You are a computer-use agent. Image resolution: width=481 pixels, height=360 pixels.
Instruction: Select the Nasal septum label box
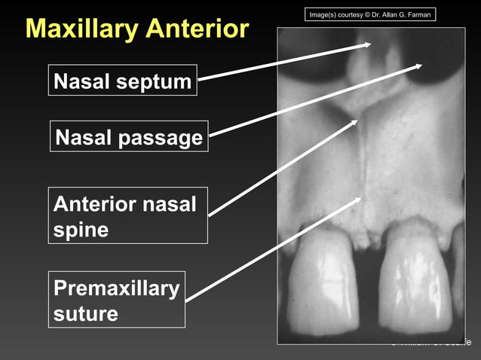[123, 81]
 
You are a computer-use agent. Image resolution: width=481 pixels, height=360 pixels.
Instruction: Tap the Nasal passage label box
[129, 136]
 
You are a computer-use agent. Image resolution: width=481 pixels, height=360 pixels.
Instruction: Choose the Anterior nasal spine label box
[128, 215]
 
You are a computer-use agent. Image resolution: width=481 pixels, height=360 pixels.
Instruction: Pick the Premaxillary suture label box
[117, 299]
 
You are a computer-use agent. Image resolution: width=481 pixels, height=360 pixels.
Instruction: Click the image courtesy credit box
[371, 15]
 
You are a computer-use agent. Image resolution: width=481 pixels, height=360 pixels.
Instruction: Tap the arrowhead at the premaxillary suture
[360, 201]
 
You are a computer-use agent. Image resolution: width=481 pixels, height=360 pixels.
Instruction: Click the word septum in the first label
[157, 81]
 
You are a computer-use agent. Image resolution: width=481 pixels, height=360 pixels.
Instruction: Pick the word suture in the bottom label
[85, 313]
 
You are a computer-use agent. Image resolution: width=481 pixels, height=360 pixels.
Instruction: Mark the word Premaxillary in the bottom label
[117, 288]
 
